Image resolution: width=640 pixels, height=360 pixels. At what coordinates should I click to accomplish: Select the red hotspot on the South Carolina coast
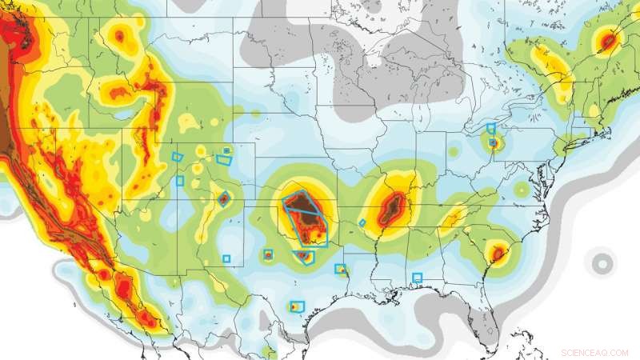point(498,254)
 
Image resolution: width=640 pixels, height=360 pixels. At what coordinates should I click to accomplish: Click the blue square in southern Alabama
point(417,278)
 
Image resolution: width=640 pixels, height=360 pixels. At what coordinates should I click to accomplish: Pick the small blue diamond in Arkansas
point(362,222)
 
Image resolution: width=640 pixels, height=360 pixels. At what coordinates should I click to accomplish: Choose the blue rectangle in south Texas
point(298,306)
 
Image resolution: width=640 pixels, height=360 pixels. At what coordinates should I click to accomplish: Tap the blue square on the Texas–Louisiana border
point(340,269)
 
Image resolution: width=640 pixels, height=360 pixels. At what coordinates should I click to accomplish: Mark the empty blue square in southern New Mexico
point(226,258)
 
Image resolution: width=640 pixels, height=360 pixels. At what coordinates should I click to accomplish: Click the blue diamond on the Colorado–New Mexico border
point(224,198)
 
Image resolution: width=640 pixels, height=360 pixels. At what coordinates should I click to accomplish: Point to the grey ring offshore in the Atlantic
point(600,262)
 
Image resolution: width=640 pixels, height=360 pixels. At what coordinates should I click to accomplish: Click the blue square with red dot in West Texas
point(268,255)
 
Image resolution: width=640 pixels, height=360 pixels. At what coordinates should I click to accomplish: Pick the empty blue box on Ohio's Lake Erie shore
point(491,128)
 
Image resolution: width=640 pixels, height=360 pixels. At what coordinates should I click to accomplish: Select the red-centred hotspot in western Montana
point(121,35)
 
